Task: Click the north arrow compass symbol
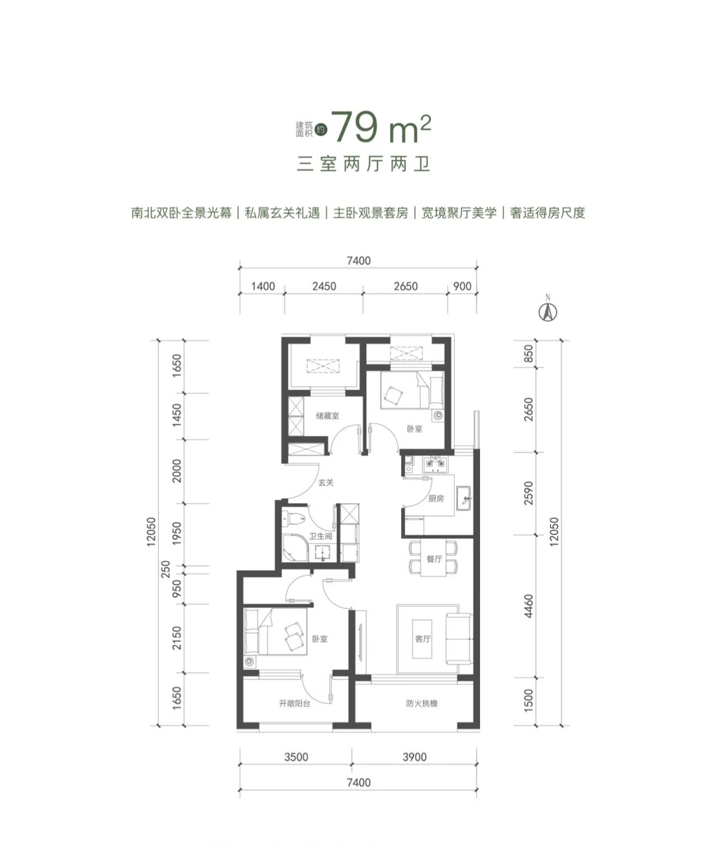pos(549,311)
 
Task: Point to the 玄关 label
pos(325,483)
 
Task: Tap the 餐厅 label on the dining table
pos(434,559)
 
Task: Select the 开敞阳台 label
pos(295,703)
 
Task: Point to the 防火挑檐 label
pos(422,703)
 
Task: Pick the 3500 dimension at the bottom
pos(296,757)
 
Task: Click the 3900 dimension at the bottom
pos(414,757)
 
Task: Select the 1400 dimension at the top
pos(263,287)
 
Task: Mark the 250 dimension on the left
pos(166,568)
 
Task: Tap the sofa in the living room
pos(459,639)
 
